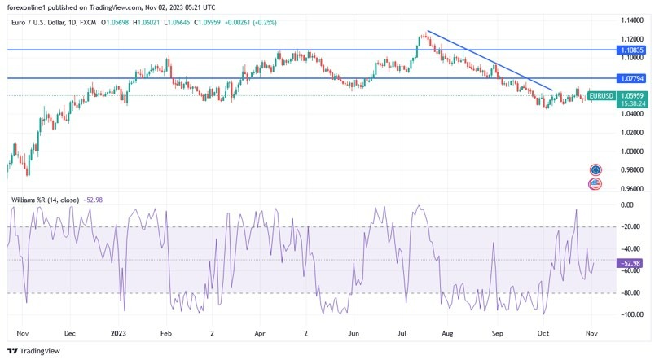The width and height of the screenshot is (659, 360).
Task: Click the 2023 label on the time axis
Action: pyautogui.click(x=119, y=333)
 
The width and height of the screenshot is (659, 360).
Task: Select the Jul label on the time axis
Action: pyautogui.click(x=402, y=333)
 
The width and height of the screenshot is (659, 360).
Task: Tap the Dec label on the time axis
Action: pyautogui.click(x=69, y=333)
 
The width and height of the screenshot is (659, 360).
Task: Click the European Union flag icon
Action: pyautogui.click(x=595, y=169)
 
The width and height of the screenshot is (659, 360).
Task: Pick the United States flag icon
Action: pyautogui.click(x=595, y=184)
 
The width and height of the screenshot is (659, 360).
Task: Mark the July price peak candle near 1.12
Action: pyautogui.click(x=424, y=35)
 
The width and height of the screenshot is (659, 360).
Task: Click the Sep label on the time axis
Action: pyautogui.click(x=499, y=333)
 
